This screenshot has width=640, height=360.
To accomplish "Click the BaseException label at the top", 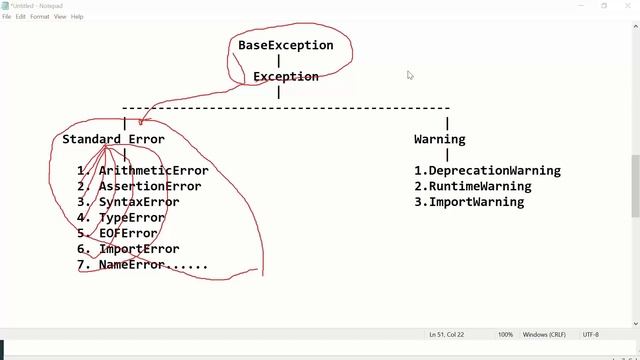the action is coord(285,45).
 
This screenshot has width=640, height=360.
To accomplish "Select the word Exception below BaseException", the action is coord(285,76).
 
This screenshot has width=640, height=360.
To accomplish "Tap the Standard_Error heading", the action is coord(113,139).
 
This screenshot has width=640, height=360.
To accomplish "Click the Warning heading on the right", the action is coord(439,139).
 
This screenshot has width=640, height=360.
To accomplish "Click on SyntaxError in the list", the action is coord(139,202).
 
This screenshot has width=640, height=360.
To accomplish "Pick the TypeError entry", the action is coord(131,217).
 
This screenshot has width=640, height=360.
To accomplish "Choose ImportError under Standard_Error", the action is coord(139,249).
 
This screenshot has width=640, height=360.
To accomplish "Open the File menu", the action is coord(7,17).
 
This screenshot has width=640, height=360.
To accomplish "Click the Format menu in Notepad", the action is coord(39,17).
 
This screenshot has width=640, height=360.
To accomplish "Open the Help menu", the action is coord(77,17).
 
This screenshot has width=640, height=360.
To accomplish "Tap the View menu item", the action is coord(60,17).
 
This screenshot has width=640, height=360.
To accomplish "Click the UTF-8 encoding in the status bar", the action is coord(590,334).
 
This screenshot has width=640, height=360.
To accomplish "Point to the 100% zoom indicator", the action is coord(505,334).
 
